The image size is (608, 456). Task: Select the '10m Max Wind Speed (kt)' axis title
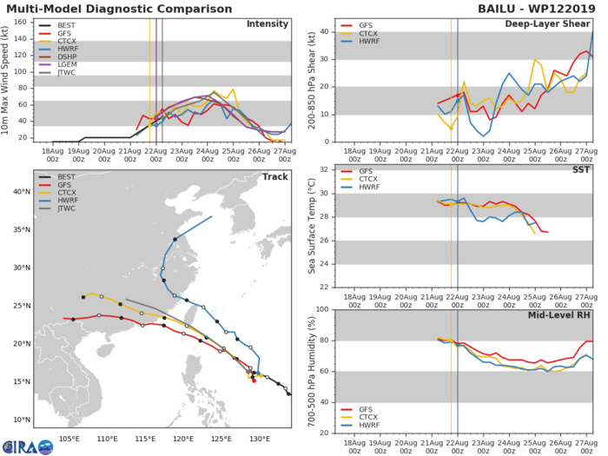pyautogui.click(x=8, y=81)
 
